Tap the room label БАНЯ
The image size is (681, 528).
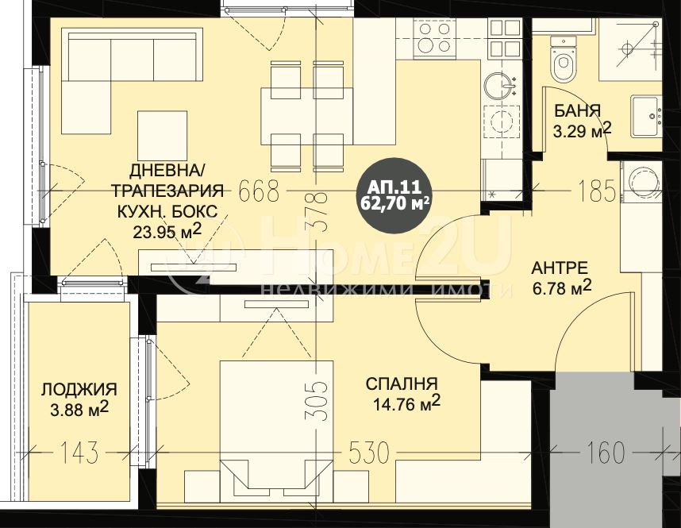click(577, 110)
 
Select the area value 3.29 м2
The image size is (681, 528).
click(583, 130)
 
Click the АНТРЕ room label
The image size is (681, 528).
click(560, 268)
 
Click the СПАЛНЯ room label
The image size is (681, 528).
click(402, 384)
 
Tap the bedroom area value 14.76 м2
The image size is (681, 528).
click(407, 403)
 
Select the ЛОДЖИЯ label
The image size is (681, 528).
click(79, 389)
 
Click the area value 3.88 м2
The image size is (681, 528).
click(79, 408)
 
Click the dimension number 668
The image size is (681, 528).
click(259, 191)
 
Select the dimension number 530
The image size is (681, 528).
click(370, 453)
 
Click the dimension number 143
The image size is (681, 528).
click(79, 453)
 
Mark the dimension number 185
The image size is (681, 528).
click(597, 191)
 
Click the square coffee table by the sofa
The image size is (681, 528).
click(163, 135)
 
